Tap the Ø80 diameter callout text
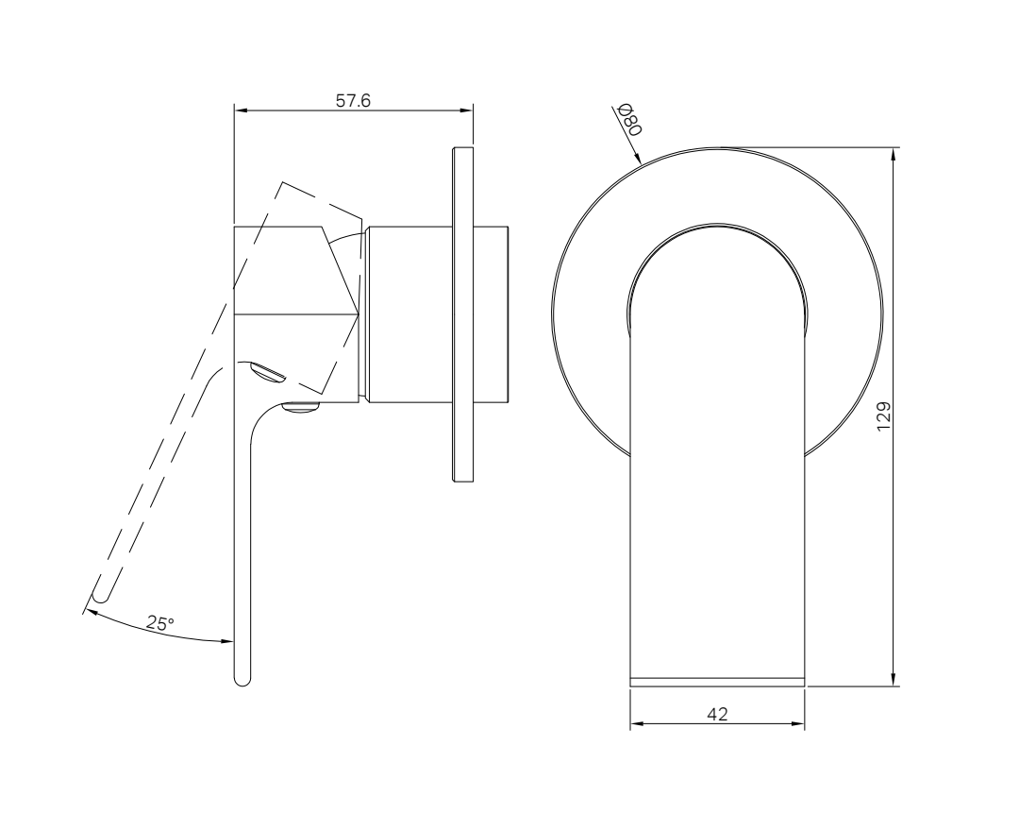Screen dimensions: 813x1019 coord(628,120)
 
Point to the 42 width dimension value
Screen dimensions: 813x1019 coord(717,715)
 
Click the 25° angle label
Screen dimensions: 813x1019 coord(160,623)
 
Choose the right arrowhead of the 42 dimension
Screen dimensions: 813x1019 coord(798,725)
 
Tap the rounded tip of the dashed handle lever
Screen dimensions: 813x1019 coord(99,595)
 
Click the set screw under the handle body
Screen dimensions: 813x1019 coord(302,408)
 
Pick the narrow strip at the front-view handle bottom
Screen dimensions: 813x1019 coord(717,680)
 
